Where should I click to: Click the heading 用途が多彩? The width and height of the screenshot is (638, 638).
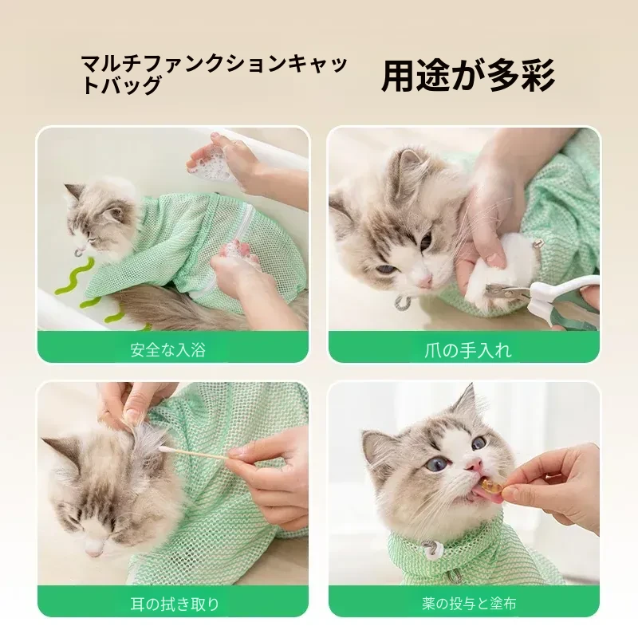[x=468, y=76]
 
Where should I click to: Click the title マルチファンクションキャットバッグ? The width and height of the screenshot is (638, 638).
[x=215, y=74]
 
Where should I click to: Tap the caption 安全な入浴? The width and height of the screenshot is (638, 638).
[x=168, y=350]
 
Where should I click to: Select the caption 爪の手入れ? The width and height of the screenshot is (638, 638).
[x=467, y=350]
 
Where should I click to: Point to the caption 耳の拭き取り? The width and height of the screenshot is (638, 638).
[x=175, y=604]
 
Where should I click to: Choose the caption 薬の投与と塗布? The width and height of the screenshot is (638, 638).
[x=469, y=604]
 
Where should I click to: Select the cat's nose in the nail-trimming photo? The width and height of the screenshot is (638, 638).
[x=426, y=281]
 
